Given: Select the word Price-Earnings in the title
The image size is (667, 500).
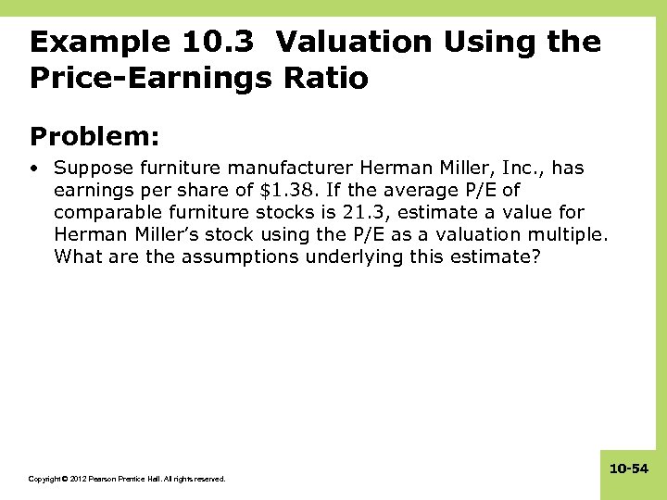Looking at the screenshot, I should (151, 79).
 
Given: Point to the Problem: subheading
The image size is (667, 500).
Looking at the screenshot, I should (95, 137).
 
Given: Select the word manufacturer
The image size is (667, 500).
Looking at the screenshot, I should (291, 169).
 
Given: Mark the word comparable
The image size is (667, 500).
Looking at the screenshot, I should (107, 213).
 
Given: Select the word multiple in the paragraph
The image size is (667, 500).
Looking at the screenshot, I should (569, 235).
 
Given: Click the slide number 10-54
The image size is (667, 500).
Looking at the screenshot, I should (629, 470).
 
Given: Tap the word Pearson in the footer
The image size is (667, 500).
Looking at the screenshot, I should (107, 479).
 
